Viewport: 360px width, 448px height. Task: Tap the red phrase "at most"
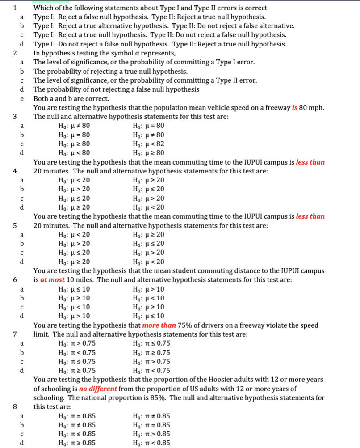pos(52,280)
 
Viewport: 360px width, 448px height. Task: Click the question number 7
pos(15,334)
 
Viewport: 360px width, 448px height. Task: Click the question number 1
pos(15,8)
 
